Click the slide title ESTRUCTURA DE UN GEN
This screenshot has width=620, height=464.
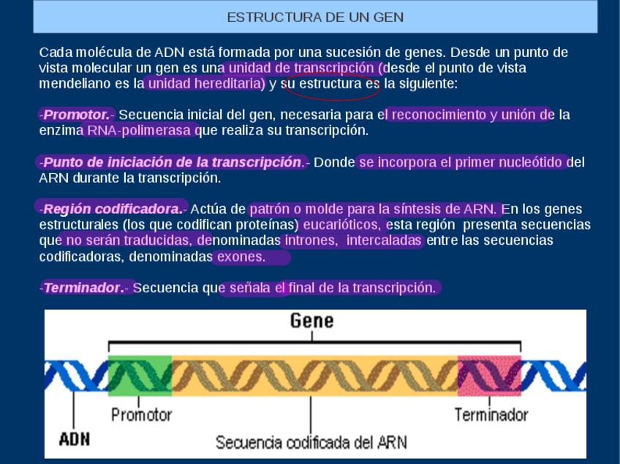315,17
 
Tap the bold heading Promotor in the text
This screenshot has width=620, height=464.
76,115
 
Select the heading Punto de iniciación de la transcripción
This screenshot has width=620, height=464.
173,161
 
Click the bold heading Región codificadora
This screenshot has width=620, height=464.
112,209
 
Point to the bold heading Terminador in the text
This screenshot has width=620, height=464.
82,288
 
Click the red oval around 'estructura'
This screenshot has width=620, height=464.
332,85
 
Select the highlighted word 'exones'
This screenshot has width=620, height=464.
242,257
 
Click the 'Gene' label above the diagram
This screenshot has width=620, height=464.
311,321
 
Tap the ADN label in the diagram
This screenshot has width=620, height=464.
74,440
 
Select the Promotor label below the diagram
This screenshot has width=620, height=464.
141,415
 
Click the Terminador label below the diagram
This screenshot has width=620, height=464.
491,415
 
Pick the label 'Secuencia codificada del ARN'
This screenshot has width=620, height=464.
311,442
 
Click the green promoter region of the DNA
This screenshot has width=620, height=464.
140,376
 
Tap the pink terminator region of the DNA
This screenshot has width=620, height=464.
489,376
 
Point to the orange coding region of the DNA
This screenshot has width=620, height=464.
314,376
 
